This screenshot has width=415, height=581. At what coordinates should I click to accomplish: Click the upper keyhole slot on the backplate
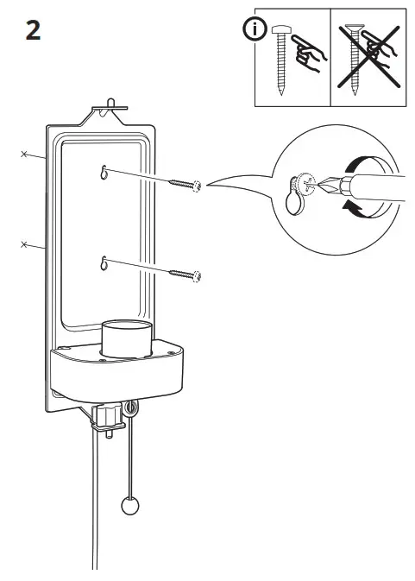click(x=104, y=171)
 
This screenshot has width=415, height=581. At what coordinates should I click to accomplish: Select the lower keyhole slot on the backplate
click(x=104, y=262)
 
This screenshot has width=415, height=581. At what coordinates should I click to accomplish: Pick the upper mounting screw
click(x=185, y=184)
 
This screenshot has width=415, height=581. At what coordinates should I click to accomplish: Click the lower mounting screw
click(x=185, y=275)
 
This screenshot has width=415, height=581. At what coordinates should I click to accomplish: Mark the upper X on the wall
click(x=25, y=155)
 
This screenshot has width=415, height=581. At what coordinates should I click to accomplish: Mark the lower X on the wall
click(x=25, y=246)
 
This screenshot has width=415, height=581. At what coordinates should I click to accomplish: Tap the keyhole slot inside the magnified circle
click(x=293, y=200)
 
